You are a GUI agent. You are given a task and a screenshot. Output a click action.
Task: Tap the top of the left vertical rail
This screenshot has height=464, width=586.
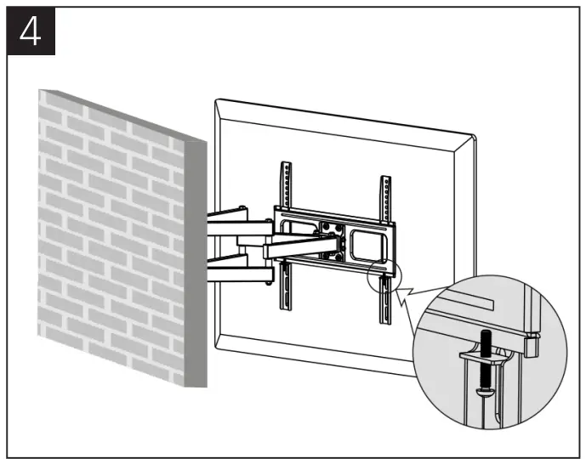[285, 167]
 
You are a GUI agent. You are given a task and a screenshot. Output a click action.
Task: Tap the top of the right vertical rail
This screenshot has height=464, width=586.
[386, 180]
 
